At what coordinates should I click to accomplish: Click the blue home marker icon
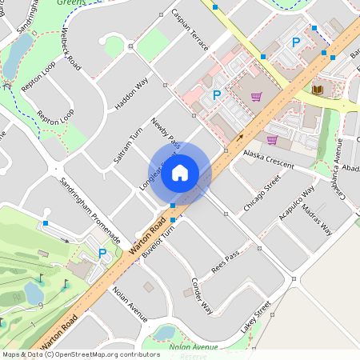[x=180, y=172]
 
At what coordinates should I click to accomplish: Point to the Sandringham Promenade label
[x=90, y=210]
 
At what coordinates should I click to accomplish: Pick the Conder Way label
[x=202, y=295]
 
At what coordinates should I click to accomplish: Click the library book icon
[x=318, y=89]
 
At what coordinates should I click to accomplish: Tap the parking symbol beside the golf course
[x=102, y=254]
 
